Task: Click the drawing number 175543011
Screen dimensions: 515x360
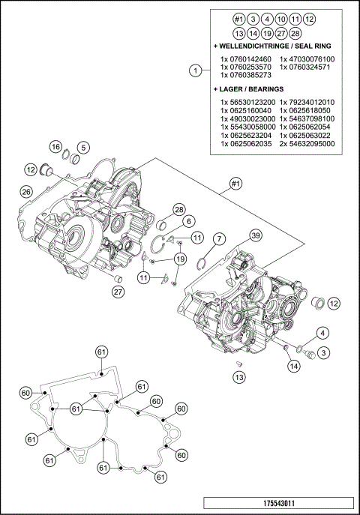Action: tap(279, 505)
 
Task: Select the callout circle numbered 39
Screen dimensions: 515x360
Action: tap(256, 236)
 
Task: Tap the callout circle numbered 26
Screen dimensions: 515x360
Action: tap(26, 193)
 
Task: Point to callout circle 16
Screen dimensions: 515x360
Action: tap(56, 146)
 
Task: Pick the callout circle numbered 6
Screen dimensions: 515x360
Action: tap(218, 238)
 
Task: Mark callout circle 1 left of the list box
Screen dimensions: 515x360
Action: tap(195, 71)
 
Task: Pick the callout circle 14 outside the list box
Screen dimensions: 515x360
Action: tap(292, 366)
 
